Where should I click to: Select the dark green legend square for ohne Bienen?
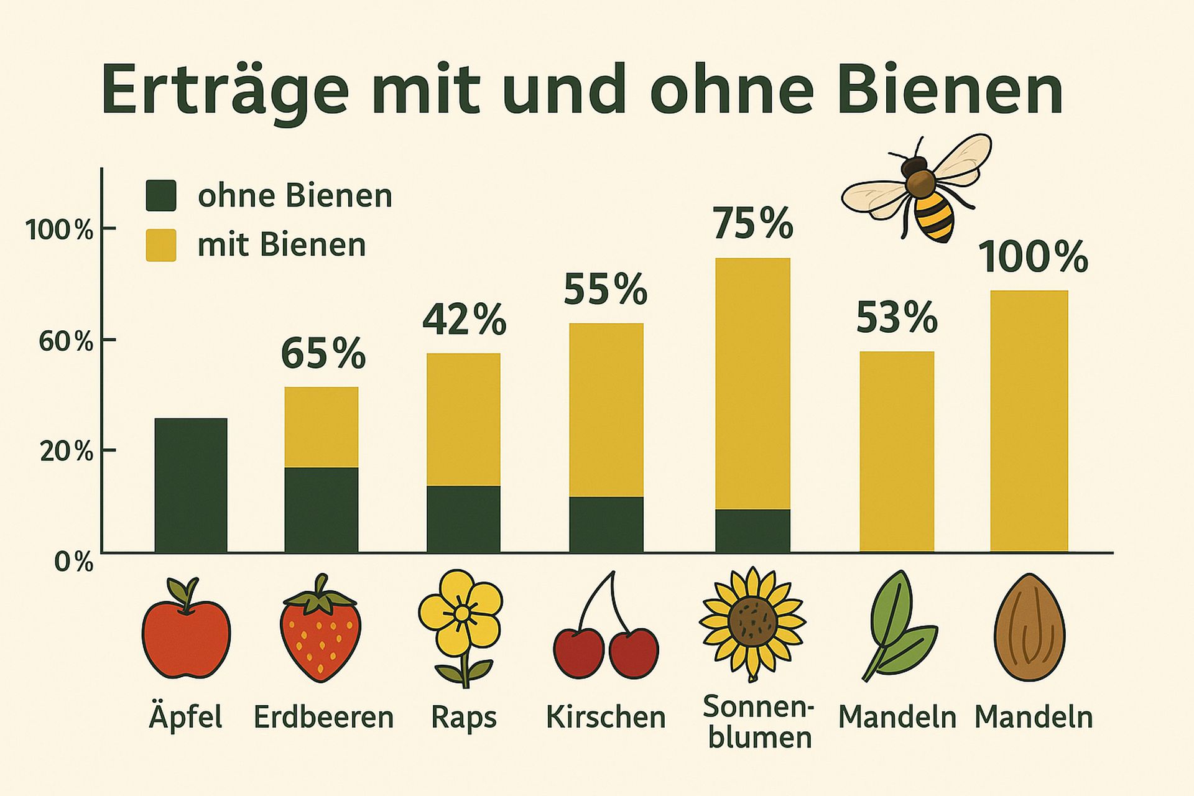tap(160, 195)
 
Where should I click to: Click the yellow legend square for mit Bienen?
tap(160, 245)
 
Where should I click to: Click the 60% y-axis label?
tap(65, 341)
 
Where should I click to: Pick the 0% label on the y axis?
tap(73, 562)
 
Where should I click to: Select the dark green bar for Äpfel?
tap(190, 485)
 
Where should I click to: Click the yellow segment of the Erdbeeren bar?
tap(321, 427)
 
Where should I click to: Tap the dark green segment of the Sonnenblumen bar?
tap(752, 530)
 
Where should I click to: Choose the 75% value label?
tap(752, 224)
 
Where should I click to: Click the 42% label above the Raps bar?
tap(464, 320)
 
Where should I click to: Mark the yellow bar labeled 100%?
tap(1029, 420)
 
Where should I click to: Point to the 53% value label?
tap(896, 318)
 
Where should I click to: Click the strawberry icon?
tap(320, 629)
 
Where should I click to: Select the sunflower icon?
tap(752, 622)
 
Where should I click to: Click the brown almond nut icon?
tap(1029, 628)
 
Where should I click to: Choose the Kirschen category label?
tap(606, 717)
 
